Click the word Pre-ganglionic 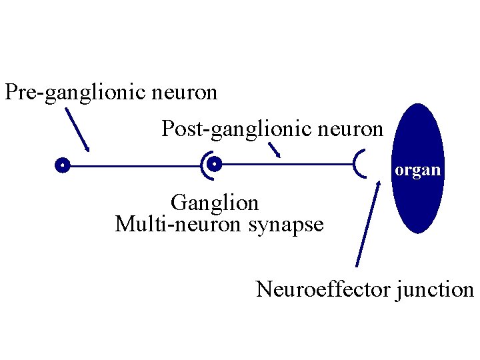point(75,92)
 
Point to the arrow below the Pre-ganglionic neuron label point(77,129)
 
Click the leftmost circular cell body point(62,165)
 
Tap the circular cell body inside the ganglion point(214,164)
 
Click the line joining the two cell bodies point(133,165)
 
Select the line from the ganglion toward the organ point(287,164)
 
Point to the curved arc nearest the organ point(359,164)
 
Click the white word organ point(417,170)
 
